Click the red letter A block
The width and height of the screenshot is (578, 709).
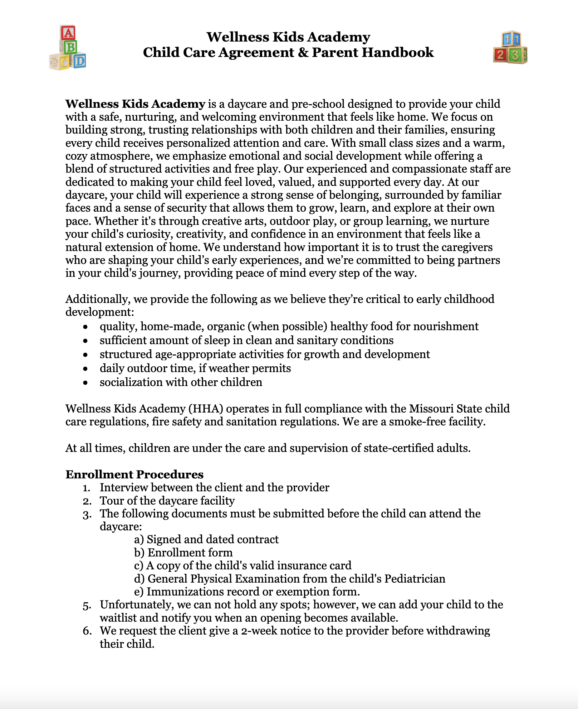point(68,33)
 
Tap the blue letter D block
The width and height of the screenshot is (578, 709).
point(80,61)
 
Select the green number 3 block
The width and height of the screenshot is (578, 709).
point(515,56)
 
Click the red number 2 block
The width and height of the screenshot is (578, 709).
point(500,55)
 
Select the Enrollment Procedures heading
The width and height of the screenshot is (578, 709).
point(134,474)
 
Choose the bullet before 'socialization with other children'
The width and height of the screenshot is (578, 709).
point(85,382)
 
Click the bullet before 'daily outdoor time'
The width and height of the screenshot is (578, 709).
point(85,368)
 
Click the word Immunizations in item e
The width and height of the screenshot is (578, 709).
point(181,592)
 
